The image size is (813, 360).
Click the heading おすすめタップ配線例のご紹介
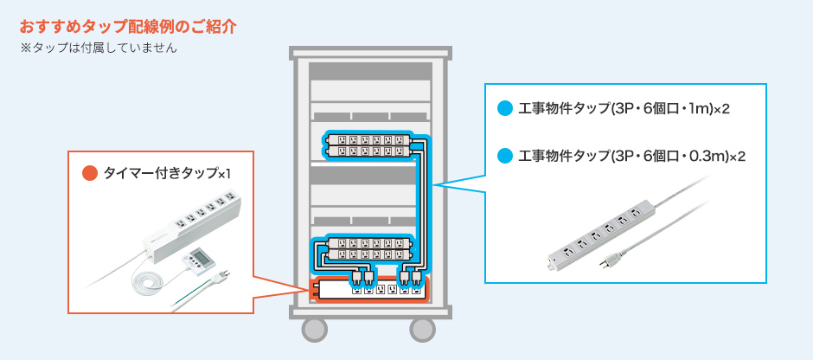pyautogui.click(x=128, y=27)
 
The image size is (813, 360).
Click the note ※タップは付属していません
pyautogui.click(x=99, y=48)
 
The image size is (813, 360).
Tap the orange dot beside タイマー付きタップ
pyautogui.click(x=90, y=173)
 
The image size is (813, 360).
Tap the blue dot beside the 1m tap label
pyautogui.click(x=504, y=109)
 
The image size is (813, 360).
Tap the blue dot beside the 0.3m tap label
pyautogui.click(x=504, y=156)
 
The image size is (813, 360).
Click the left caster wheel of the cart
pyautogui.click(x=315, y=330)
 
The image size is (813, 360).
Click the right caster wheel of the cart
pyautogui.click(x=423, y=330)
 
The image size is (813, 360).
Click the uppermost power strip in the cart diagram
pyautogui.click(x=368, y=139)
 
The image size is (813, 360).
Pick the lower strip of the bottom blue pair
pyautogui.click(x=368, y=254)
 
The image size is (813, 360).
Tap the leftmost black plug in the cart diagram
pyautogui.click(x=356, y=278)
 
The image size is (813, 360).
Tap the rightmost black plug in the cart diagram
pyautogui.click(x=415, y=278)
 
